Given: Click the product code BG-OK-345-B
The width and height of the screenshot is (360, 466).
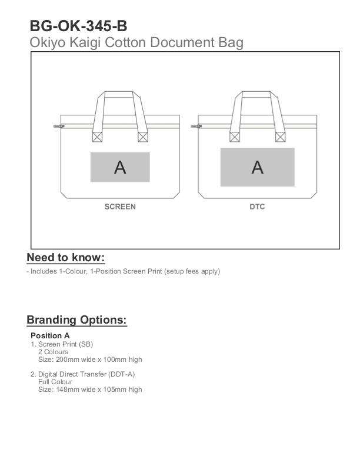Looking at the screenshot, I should click(x=78, y=26).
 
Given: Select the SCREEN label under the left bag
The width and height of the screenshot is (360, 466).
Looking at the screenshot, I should click(x=120, y=207).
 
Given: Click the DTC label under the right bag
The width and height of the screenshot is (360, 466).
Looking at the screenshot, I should click(x=257, y=207).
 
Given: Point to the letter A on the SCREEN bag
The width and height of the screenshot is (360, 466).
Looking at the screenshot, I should click(x=120, y=168).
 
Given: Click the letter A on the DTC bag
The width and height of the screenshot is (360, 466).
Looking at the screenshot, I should click(x=257, y=168).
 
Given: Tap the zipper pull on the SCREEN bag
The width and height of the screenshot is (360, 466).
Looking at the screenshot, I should click(x=58, y=125).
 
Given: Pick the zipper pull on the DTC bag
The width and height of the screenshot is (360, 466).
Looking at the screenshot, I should click(x=195, y=125).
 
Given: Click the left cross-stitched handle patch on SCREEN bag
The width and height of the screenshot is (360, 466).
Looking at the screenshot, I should click(x=97, y=137).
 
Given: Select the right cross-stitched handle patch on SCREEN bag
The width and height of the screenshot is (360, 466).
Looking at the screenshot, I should click(x=142, y=137).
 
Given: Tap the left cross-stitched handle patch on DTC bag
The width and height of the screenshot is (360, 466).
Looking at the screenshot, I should click(x=234, y=137).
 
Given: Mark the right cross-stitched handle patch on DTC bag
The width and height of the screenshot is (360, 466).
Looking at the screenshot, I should click(x=280, y=137).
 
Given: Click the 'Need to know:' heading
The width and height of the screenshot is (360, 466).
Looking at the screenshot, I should click(x=65, y=258).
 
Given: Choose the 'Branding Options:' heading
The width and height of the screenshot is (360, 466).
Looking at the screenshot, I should click(x=76, y=320).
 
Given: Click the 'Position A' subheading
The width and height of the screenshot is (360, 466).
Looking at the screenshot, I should click(x=50, y=336).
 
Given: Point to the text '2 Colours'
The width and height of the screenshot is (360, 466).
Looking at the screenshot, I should click(x=53, y=352).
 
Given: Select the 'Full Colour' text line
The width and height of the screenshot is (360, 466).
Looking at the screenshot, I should click(x=55, y=382).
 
